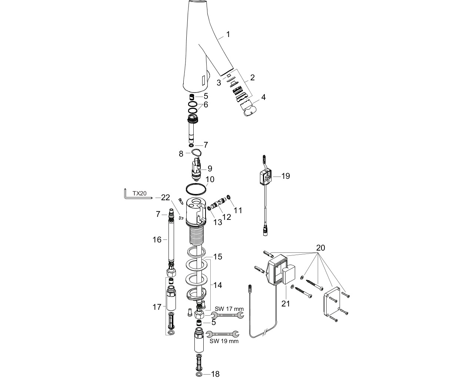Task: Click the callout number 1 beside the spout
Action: [228, 34]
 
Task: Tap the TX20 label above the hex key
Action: [140, 193]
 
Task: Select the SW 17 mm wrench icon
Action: [227, 315]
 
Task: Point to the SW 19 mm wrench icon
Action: [222, 334]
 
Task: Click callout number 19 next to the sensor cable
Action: [286, 176]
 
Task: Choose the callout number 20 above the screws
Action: [320, 248]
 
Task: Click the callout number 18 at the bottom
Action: [215, 374]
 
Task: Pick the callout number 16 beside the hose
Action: [157, 239]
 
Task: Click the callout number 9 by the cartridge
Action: [210, 168]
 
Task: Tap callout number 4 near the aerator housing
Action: [263, 97]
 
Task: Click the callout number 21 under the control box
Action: [286, 304]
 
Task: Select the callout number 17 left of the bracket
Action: [157, 307]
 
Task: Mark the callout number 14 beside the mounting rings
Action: [217, 285]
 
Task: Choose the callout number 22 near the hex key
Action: [166, 197]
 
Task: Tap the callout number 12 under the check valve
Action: [227, 217]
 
